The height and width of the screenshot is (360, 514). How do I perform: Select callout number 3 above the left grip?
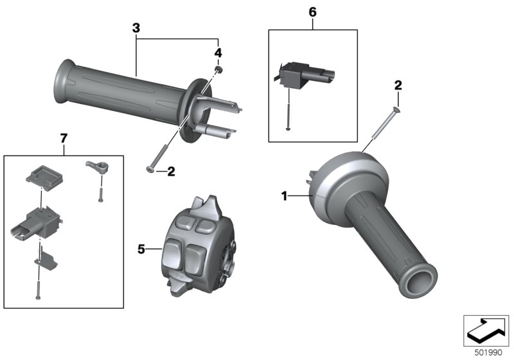(x=136, y=28)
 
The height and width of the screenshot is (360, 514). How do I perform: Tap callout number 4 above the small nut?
(x=218, y=52)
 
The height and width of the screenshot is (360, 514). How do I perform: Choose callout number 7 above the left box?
(x=63, y=138)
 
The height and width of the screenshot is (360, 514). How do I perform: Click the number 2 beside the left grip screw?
(x=171, y=171)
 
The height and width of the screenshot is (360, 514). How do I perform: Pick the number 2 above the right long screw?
(x=398, y=85)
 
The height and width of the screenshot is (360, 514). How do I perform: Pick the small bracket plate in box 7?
(x=44, y=259)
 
